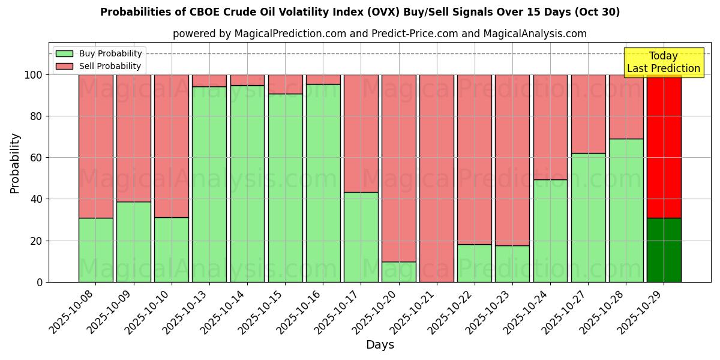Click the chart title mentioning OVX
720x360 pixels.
[x=360, y=12]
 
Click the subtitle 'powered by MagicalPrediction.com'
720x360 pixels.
[x=379, y=34]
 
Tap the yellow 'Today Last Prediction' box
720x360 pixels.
[x=663, y=62]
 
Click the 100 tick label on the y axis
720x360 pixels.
[x=34, y=75]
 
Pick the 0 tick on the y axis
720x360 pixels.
[x=40, y=282]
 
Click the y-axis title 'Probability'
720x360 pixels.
[x=15, y=163]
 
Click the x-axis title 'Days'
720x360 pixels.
[x=379, y=345]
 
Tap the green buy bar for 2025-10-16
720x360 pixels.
[x=323, y=183]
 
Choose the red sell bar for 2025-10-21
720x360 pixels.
[x=436, y=178]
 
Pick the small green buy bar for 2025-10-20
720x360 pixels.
[x=398, y=272]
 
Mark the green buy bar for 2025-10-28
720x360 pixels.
[x=626, y=210]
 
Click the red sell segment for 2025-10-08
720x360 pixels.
[x=95, y=146]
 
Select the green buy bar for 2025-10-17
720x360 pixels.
[x=361, y=237]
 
